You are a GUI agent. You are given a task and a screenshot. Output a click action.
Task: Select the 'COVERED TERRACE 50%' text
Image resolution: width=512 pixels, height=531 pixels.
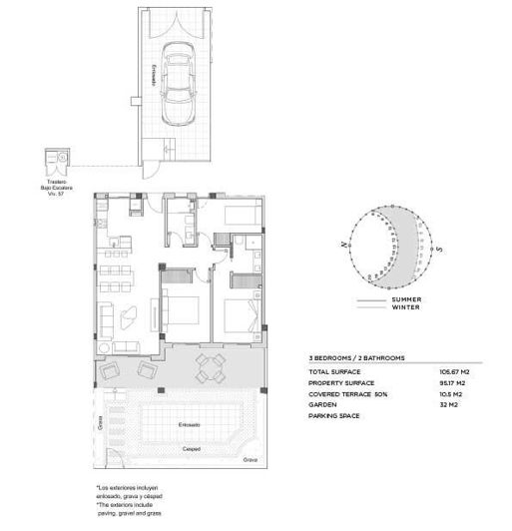click(x=344, y=394)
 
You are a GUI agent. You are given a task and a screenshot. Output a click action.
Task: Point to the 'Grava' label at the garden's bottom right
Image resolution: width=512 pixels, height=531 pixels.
click(x=250, y=460)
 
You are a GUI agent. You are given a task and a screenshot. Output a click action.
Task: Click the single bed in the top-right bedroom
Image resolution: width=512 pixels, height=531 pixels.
click(x=240, y=214)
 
